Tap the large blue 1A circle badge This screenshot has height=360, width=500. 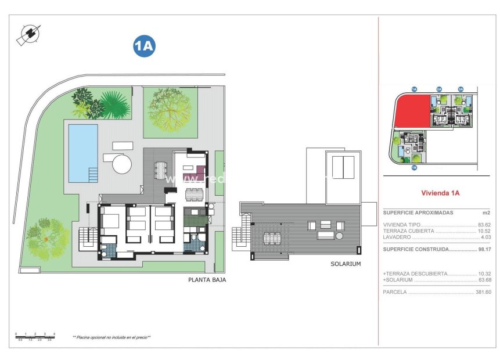[144, 46]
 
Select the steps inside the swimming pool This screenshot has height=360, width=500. [92, 174]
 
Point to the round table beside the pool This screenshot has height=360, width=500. [122, 164]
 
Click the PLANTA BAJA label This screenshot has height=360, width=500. [207, 279]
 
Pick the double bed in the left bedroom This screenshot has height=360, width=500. [110, 221]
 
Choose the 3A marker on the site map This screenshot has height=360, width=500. [461, 89]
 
